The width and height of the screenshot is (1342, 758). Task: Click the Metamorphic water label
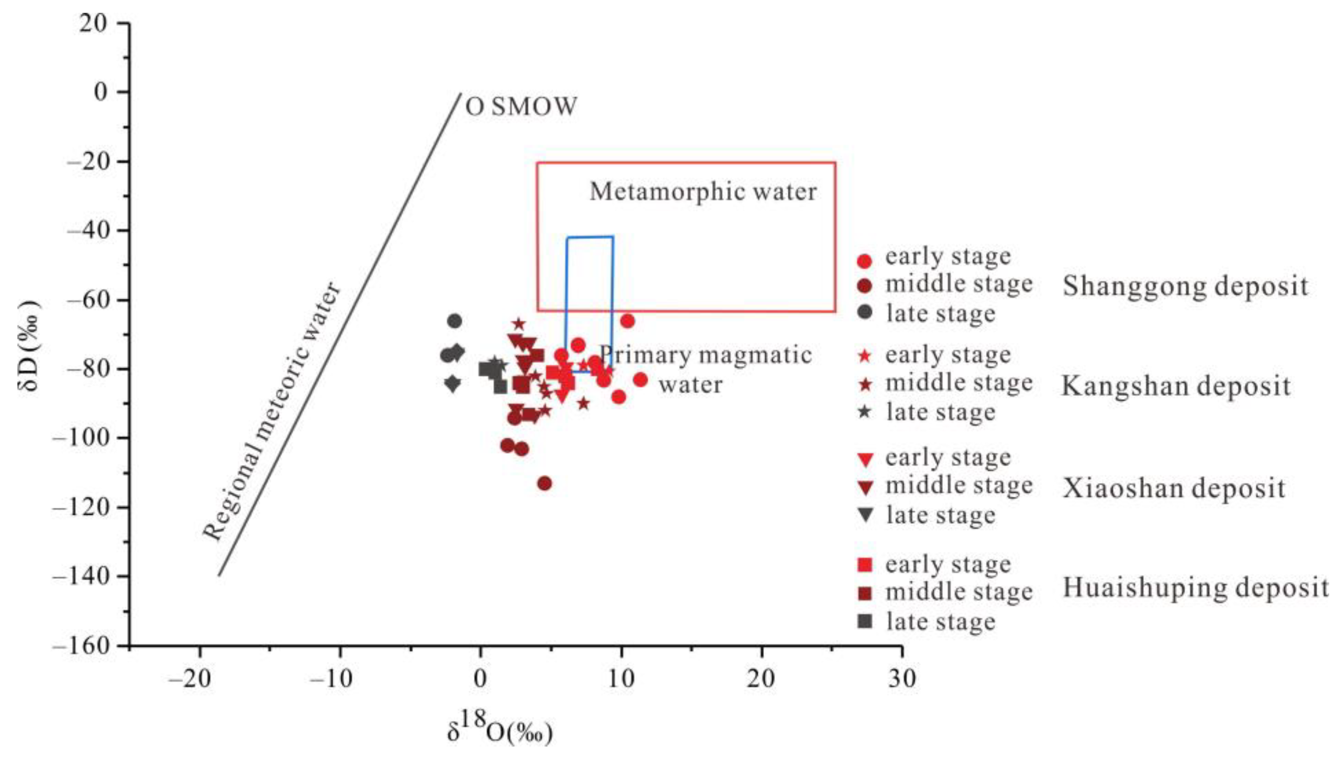pos(703,192)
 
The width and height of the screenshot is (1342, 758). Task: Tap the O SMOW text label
pos(522,107)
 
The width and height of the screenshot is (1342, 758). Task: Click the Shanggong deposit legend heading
pos(1185,286)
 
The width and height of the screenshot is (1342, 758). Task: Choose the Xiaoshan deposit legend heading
pos(1174,489)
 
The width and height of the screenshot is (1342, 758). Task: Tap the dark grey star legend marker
pos(865,412)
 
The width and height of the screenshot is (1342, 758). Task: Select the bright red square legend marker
pos(865,564)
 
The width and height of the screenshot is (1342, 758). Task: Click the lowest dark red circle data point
pos(544,483)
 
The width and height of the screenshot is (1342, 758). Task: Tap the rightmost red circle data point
pos(641,379)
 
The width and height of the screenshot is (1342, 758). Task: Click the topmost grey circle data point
pos(455,320)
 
